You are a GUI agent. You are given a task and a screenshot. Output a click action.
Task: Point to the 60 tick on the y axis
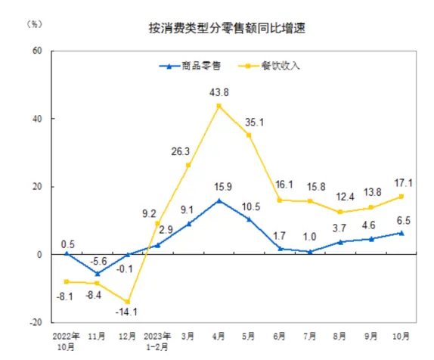pyautogui.click(x=36, y=51)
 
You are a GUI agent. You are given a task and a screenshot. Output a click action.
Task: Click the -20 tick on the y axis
pyautogui.click(x=35, y=322)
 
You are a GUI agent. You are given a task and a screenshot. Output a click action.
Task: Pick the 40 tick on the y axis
pyautogui.click(x=36, y=119)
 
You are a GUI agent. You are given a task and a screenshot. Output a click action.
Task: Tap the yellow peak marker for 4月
pyautogui.click(x=219, y=106)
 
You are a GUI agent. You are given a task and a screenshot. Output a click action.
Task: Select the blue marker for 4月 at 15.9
pyautogui.click(x=219, y=200)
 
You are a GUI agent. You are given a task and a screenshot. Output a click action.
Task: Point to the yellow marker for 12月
pyautogui.click(x=127, y=302)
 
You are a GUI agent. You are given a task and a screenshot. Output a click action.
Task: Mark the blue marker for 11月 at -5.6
pyautogui.click(x=96, y=273)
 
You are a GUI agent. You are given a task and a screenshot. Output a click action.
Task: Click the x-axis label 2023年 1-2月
pyautogui.click(x=157, y=339)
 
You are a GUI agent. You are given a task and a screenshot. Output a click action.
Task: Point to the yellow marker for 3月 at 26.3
pyautogui.click(x=188, y=165)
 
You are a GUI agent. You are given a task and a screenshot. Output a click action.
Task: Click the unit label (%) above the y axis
pyautogui.click(x=36, y=23)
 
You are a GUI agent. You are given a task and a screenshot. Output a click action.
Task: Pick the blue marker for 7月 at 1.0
pyautogui.click(x=311, y=251)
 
